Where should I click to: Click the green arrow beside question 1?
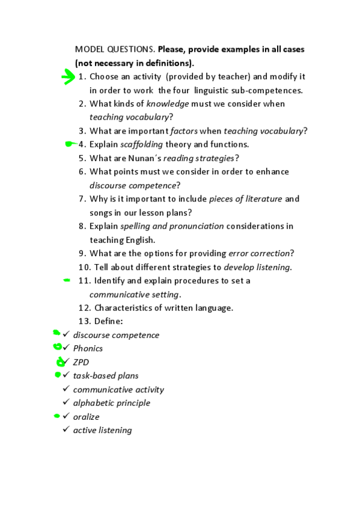click(69, 78)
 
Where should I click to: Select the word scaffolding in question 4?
click(142, 144)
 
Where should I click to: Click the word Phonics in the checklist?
click(88, 348)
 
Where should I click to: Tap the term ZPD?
click(81, 362)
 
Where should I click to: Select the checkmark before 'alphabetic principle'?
click(66, 402)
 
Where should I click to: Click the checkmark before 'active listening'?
click(66, 429)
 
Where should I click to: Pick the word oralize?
click(86, 416)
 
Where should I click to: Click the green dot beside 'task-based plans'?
click(58, 375)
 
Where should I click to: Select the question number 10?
click(84, 266)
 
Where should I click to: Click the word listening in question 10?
click(274, 266)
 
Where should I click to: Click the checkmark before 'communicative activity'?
click(66, 389)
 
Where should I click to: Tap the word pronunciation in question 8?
click(194, 226)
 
